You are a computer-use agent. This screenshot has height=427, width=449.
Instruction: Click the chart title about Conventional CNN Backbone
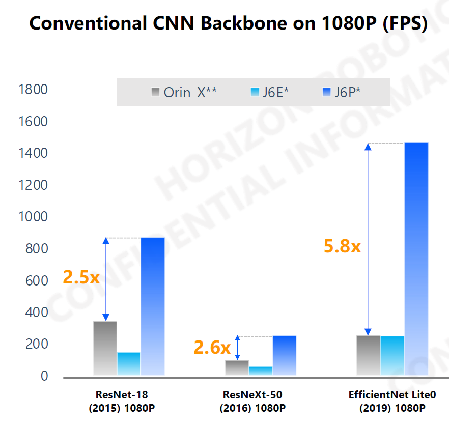point(228,23)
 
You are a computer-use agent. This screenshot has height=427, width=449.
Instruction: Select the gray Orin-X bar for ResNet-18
point(105,348)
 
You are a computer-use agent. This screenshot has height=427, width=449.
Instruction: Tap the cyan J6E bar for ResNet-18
point(129,364)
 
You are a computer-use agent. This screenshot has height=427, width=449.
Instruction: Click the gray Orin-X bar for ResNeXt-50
point(237,367)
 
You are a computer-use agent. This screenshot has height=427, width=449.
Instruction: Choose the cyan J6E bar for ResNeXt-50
point(261,371)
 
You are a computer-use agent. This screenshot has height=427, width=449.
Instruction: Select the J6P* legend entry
point(342,92)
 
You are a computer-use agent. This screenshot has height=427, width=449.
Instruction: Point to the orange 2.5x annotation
point(81,277)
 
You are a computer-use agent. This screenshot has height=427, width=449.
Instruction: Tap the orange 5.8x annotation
point(342,246)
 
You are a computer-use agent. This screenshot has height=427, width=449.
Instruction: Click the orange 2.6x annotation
point(212,348)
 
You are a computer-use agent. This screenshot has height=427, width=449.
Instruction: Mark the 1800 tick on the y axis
point(33,90)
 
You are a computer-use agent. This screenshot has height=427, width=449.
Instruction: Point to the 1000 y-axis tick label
point(33,217)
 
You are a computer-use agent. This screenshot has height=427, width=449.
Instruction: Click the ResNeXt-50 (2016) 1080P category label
point(252,401)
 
